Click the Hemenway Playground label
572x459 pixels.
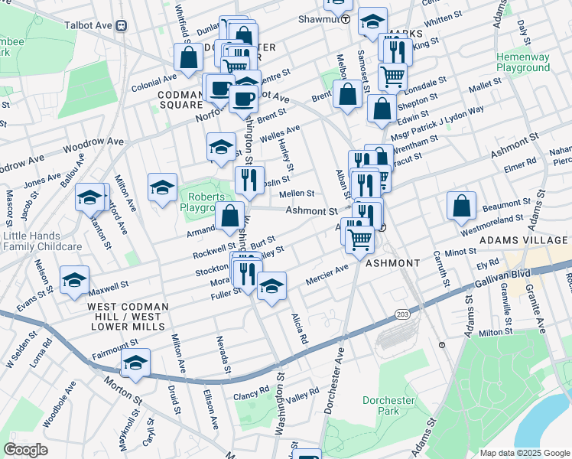click(522, 62)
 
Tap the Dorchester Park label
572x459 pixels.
click(388, 405)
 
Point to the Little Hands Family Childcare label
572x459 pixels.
click(42, 242)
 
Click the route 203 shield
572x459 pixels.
click(401, 314)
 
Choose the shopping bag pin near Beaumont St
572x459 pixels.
click(462, 207)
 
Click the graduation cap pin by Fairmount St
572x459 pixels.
click(135, 364)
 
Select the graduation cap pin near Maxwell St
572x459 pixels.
click(74, 281)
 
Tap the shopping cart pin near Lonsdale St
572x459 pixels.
click(392, 76)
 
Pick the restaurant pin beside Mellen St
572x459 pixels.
click(249, 181)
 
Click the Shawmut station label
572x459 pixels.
click(323, 18)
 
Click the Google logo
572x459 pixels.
click(25, 450)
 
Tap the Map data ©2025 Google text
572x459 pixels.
click(524, 453)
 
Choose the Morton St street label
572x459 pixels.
click(124, 390)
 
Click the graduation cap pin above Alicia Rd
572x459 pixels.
click(271, 288)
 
